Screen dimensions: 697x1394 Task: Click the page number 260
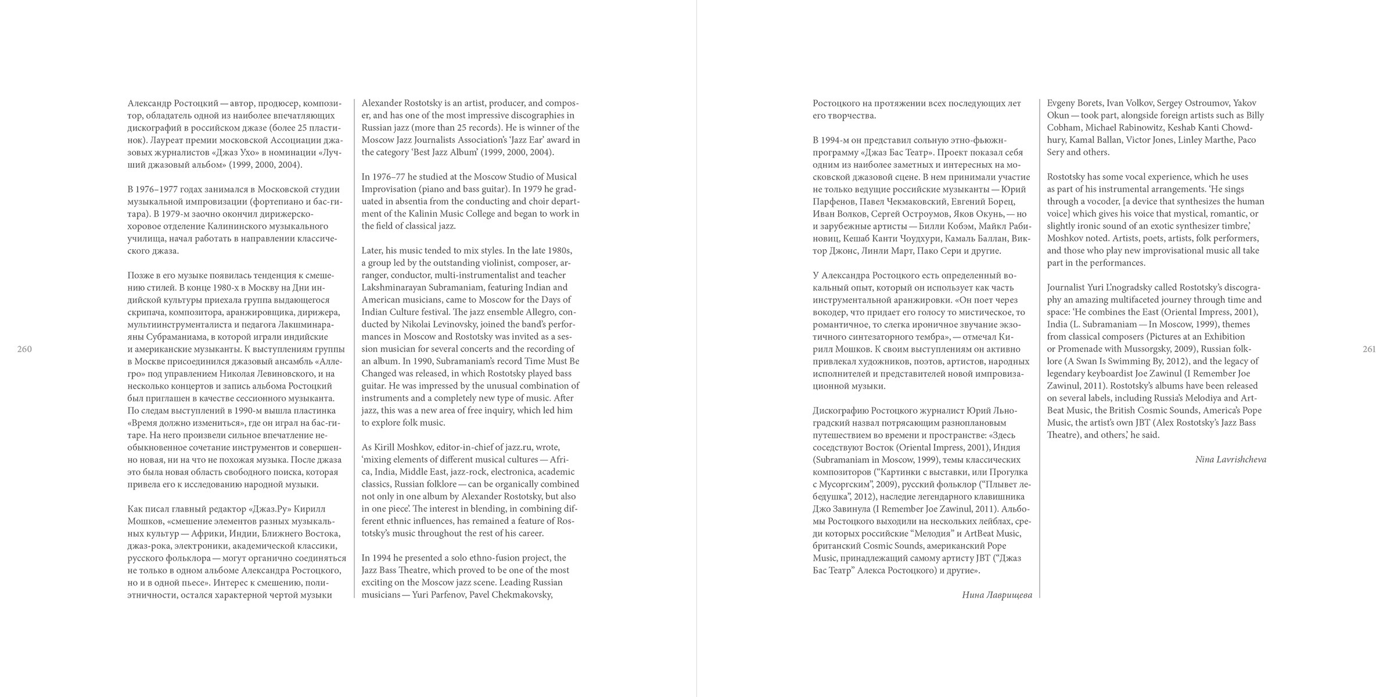click(x=24, y=349)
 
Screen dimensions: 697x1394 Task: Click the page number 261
click(x=1369, y=349)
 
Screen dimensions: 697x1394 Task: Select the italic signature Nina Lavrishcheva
click(x=1231, y=459)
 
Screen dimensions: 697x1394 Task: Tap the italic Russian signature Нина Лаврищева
click(x=997, y=595)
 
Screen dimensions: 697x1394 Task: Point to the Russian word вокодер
click(x=831, y=312)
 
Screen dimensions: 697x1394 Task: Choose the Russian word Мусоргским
click(x=849, y=484)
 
